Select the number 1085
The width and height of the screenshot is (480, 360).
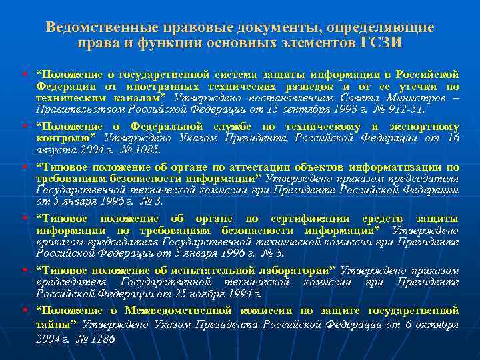point(136,150)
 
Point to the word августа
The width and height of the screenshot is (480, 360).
point(53,150)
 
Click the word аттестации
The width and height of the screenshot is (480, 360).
point(256,167)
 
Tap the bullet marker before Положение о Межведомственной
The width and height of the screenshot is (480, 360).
point(24,311)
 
